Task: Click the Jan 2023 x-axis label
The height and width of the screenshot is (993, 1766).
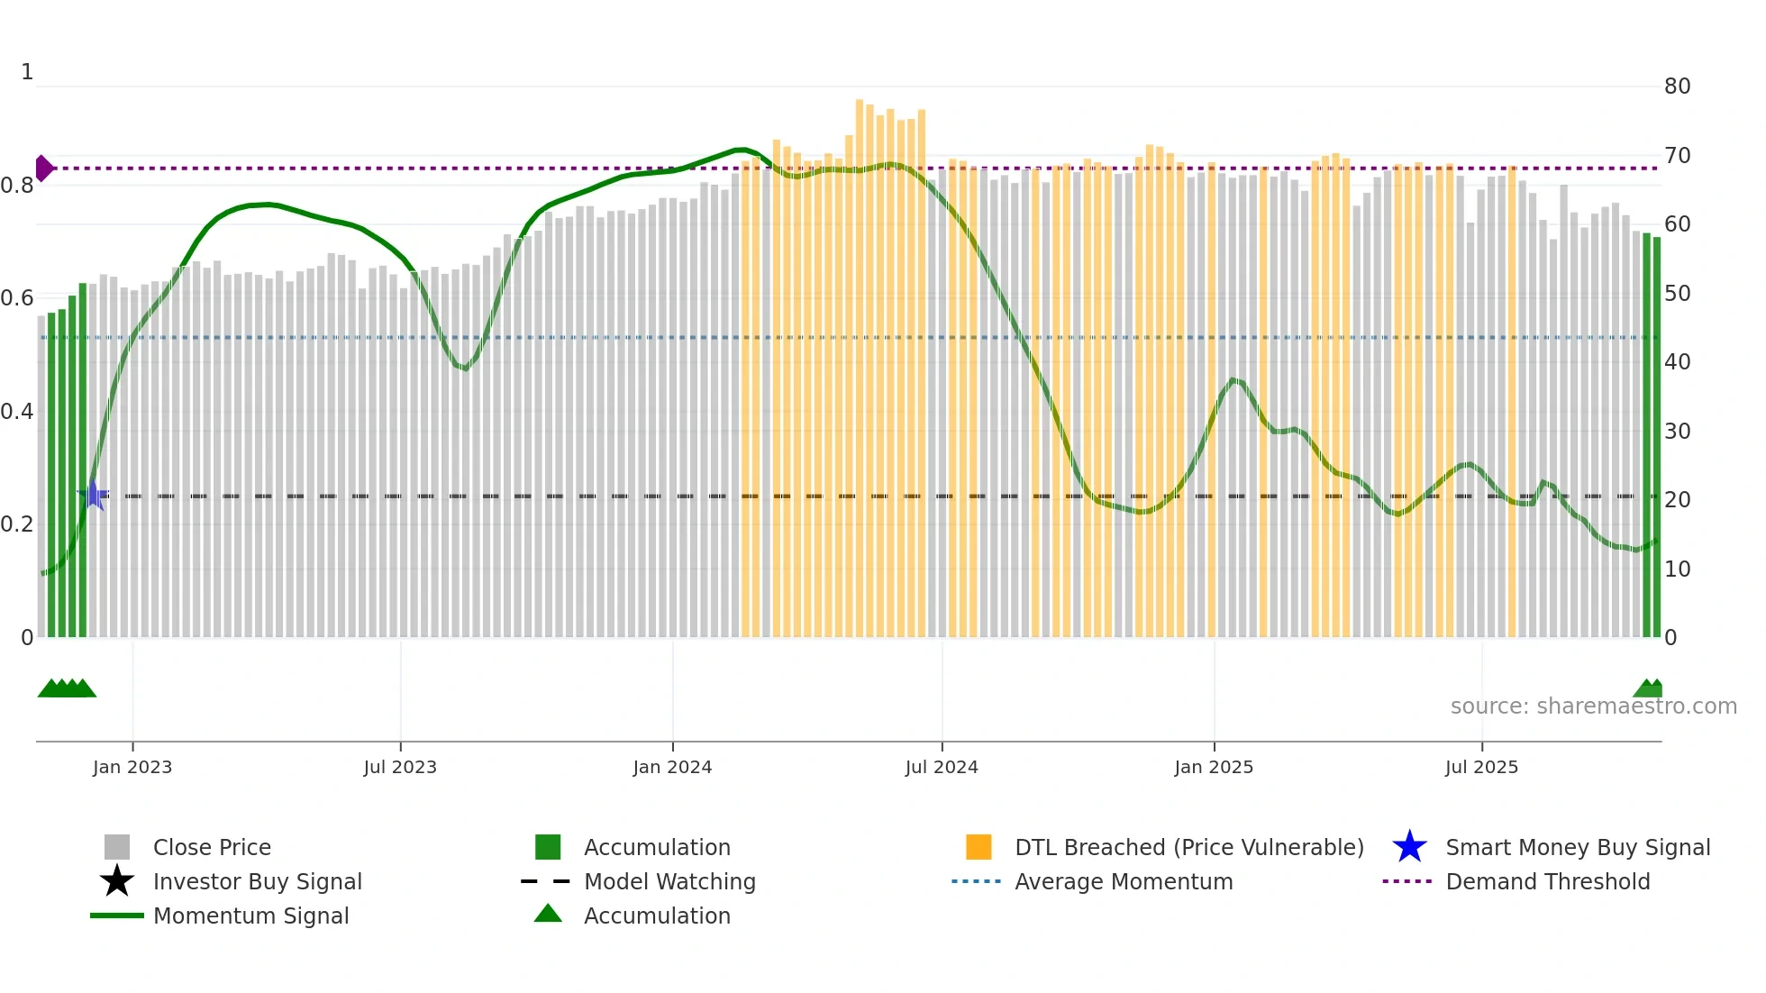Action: [x=132, y=767]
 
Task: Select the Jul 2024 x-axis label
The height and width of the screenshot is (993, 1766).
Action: [x=942, y=767]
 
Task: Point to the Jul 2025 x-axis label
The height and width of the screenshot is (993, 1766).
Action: [x=1481, y=767]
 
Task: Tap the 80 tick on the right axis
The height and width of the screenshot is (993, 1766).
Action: [x=1677, y=87]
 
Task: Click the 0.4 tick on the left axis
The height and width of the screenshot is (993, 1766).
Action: [x=17, y=412]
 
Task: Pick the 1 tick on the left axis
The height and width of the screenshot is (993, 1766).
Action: [x=27, y=72]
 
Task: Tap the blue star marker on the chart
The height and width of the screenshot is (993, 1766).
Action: [x=93, y=495]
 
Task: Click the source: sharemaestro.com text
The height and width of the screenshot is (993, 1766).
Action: [x=1593, y=706]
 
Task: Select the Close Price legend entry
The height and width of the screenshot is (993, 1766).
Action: [x=212, y=848]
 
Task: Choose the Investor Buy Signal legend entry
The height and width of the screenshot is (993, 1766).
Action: [x=257, y=882]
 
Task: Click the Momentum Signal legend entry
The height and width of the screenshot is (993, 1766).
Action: [x=250, y=916]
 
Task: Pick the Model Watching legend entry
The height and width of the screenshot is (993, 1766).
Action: [x=669, y=882]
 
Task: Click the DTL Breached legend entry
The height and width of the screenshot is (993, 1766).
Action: [x=1188, y=848]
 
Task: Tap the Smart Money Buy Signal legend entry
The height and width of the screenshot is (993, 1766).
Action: [x=1577, y=848]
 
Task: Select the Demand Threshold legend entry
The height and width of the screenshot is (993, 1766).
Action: [x=1547, y=882]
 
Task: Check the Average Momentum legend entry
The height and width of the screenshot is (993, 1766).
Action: [x=1124, y=882]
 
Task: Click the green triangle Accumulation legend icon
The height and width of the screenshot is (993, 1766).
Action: [x=548, y=915]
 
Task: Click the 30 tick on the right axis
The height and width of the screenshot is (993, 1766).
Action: [x=1677, y=432]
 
